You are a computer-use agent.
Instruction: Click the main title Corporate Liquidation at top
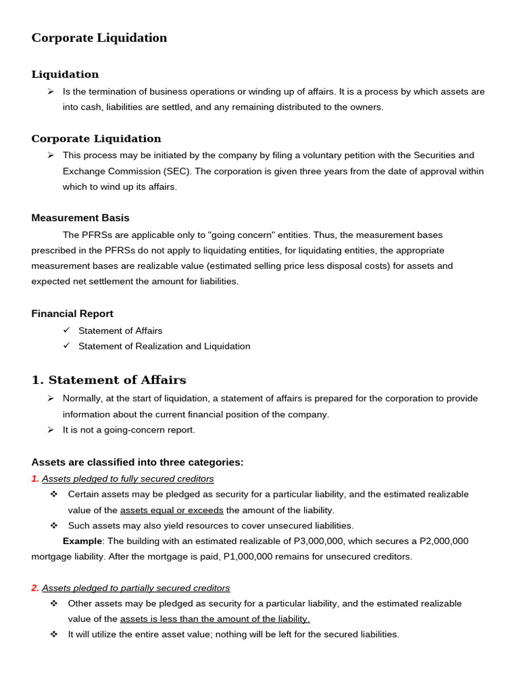[99, 38]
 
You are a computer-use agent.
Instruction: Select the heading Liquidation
[65, 74]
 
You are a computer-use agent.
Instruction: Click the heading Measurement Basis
[80, 218]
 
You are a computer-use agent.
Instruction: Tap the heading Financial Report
[72, 314]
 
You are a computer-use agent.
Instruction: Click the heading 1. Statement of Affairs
[108, 380]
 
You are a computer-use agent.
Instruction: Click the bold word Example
[82, 541]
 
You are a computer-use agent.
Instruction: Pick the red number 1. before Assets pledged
[35, 478]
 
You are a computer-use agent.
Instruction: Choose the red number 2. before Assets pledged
[35, 588]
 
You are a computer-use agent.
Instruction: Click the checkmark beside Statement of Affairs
[66, 330]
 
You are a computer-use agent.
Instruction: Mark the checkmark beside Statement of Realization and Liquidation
[66, 345]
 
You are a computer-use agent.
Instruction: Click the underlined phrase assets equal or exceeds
[172, 510]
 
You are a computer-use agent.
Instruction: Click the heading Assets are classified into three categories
[137, 462]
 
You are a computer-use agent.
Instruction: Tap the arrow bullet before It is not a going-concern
[51, 430]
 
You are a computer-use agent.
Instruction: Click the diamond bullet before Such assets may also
[54, 525]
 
